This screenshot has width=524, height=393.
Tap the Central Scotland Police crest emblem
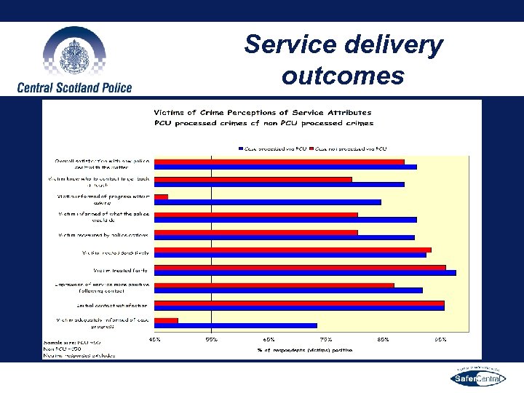tap(74, 53)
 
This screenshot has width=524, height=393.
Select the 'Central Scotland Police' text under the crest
tap(75, 87)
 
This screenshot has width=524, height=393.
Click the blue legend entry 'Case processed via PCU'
tap(272, 148)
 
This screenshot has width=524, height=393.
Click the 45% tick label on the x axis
tap(155, 339)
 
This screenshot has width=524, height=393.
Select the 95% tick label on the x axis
tap(440, 339)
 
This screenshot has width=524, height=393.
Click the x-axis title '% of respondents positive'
tap(304, 350)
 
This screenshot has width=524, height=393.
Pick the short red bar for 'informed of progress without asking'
tap(162, 196)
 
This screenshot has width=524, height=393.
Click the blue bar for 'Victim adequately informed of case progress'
tap(236, 325)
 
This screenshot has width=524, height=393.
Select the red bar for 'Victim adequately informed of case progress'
tap(167, 320)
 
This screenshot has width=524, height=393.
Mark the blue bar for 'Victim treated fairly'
tap(305, 273)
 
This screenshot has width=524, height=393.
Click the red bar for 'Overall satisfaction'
tap(279, 162)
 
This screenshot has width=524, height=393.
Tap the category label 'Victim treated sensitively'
tap(116, 253)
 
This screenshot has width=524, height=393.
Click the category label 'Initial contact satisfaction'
tap(113, 305)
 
